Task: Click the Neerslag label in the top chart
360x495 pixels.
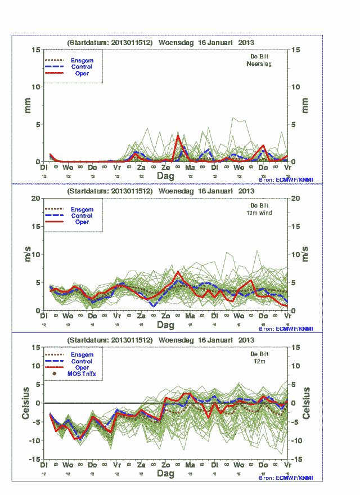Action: pos(259,64)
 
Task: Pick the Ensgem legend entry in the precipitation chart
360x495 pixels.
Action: pos(82,60)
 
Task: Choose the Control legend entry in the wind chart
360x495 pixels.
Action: pos(82,215)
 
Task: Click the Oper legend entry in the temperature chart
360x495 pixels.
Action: pos(82,367)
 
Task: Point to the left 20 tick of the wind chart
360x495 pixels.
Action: pos(36,198)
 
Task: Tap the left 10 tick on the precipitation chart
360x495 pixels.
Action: pos(36,87)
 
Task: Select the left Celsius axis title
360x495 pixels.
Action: pos(26,403)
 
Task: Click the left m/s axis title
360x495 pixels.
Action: pos(26,254)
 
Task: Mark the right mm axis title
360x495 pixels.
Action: pos(305,105)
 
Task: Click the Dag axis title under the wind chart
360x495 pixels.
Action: pos(165,325)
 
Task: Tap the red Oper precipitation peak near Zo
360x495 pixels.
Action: pos(178,136)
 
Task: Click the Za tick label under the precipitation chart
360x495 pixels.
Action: pos(141,168)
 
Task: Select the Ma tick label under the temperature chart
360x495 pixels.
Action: pos(190,465)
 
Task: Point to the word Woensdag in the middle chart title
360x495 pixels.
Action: pos(178,191)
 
